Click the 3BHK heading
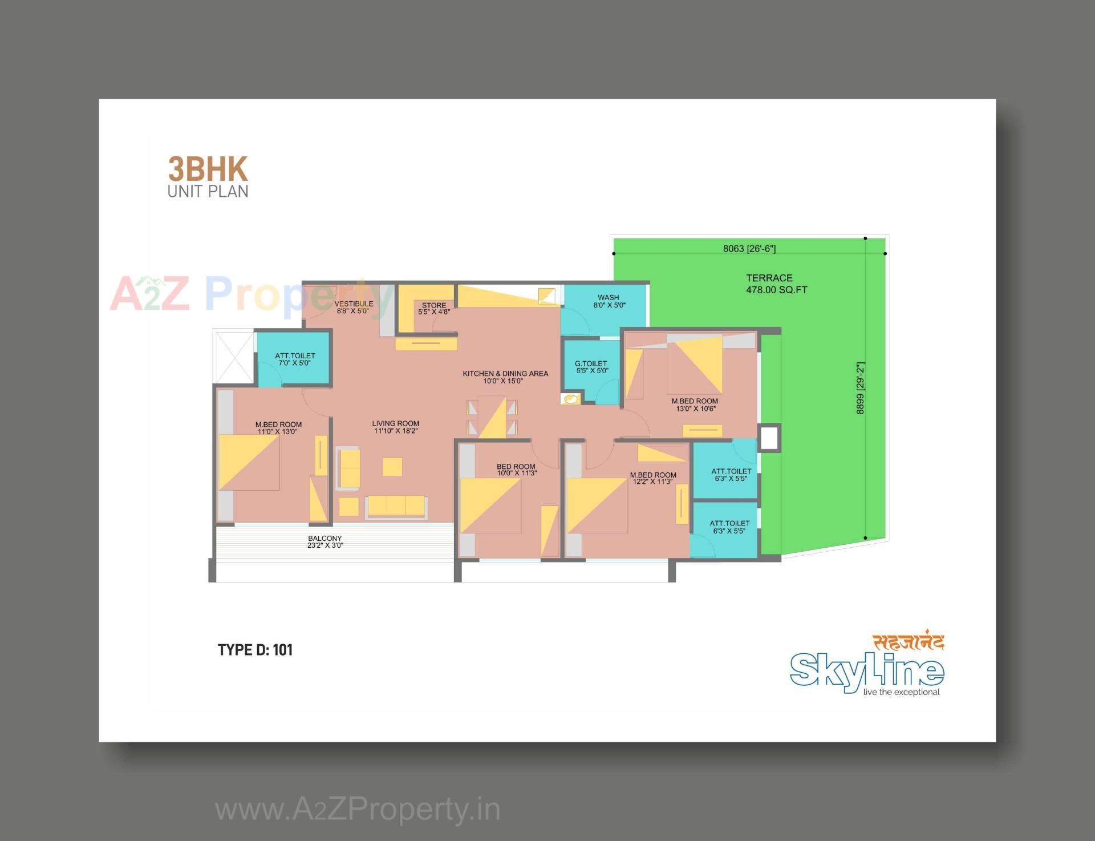tap(208, 170)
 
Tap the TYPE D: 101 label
tap(255, 650)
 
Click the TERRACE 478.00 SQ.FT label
tap(776, 284)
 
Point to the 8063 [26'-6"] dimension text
tap(749, 249)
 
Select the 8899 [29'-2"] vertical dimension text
tap(861, 387)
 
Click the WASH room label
tap(609, 301)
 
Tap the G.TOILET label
tap(591, 367)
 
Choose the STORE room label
tap(434, 309)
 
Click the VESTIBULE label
tap(354, 307)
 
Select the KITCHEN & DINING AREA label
tap(505, 377)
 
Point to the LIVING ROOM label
tap(396, 427)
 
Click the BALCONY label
tap(325, 541)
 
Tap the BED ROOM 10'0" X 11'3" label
tap(516, 470)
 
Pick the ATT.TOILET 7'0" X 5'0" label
tap(295, 359)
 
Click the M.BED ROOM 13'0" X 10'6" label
tap(695, 405)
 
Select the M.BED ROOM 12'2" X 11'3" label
tap(653, 478)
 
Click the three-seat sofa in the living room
tap(396, 506)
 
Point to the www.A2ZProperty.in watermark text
tap(358, 810)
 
